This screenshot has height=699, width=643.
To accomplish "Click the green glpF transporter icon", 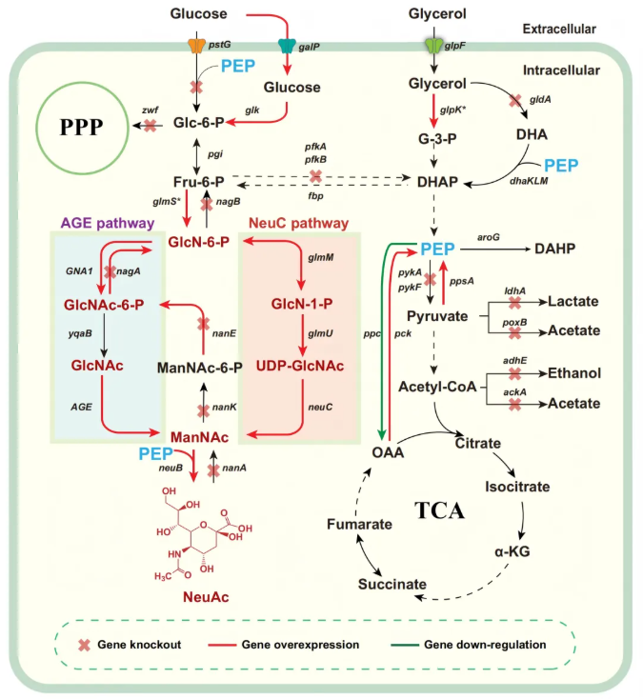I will coord(434,45).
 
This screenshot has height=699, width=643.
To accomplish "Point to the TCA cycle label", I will coord(439,510).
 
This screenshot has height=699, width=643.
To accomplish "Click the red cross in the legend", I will coord(84,645).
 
